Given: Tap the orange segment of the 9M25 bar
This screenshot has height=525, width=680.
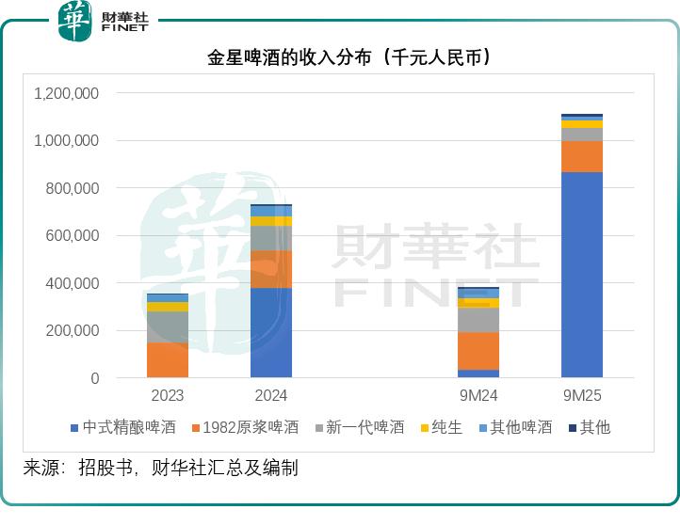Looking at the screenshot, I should tap(581, 156).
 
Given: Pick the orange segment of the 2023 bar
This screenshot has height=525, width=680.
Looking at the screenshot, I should tap(168, 359).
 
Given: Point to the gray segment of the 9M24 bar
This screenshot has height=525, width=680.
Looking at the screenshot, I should tap(478, 320).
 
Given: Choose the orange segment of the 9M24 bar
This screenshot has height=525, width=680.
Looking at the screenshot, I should tap(478, 351).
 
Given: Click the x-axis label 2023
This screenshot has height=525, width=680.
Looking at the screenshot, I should tap(168, 396).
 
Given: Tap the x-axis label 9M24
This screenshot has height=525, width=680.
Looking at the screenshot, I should tap(478, 396).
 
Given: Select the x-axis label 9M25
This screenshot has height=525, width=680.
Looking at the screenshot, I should tap(581, 396).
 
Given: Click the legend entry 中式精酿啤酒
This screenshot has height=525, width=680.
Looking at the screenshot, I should tap(122, 427).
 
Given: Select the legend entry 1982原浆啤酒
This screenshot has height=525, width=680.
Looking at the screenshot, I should tap(244, 427).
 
